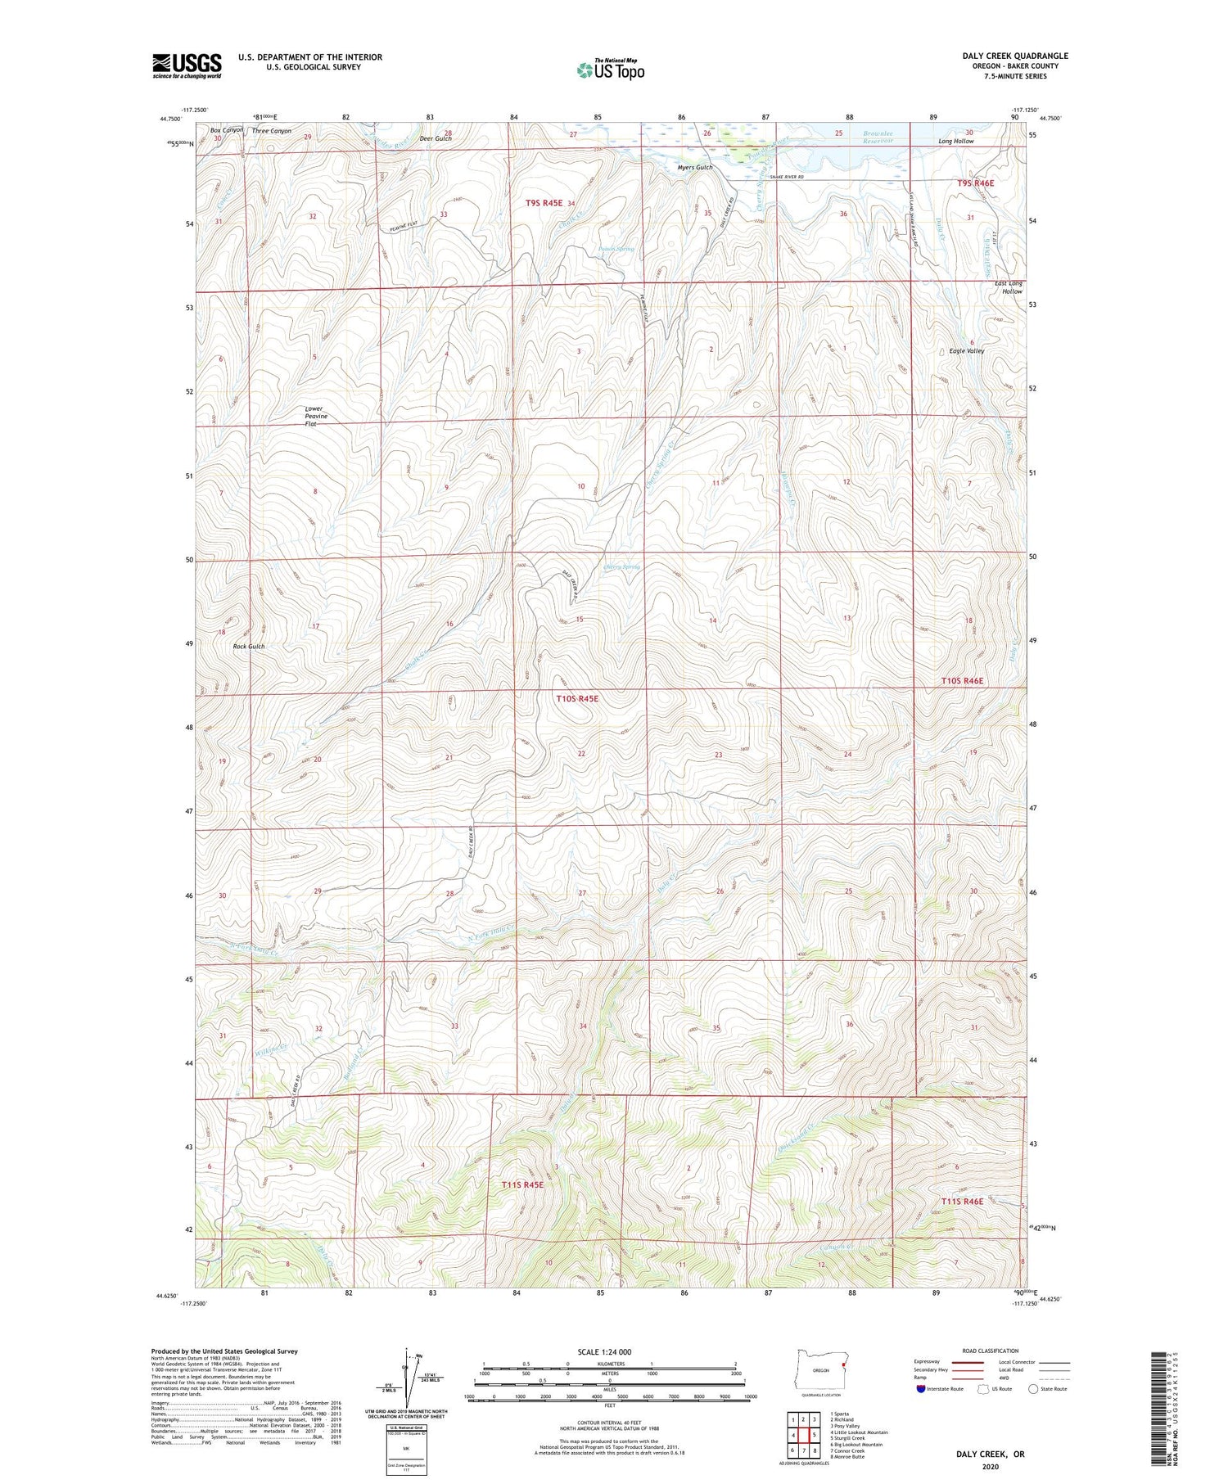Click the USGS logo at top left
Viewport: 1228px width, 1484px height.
coord(187,65)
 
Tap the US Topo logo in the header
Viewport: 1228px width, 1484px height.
coord(610,70)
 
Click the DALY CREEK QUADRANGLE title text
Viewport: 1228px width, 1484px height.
coord(1015,56)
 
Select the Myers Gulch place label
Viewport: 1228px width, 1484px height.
coord(695,168)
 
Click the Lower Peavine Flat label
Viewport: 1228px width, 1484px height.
coord(315,416)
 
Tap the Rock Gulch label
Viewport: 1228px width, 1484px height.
coord(249,646)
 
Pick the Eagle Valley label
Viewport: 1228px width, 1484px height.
coord(966,350)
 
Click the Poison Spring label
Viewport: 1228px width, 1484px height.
coord(616,249)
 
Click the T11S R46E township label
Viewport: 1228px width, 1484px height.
coord(961,1201)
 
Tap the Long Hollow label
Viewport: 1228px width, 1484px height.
coord(955,142)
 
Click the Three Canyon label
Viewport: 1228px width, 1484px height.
coord(271,131)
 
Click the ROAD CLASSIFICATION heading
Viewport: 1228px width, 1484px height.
coord(991,1351)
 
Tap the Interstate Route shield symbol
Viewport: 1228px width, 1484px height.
coord(921,1389)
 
